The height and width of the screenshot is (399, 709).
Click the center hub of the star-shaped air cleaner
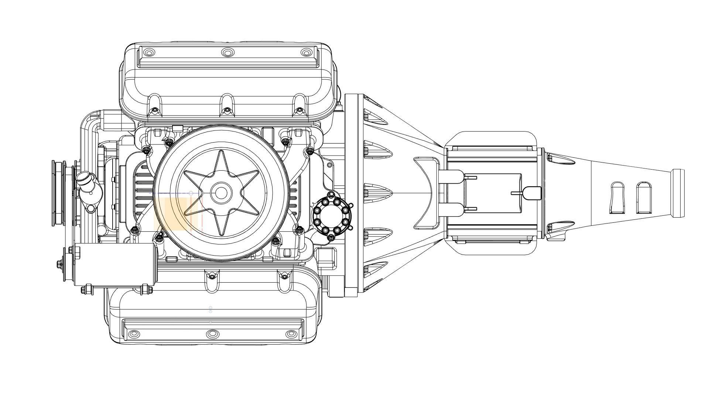coord(221,193)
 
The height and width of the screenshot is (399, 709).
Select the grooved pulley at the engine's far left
coord(58,193)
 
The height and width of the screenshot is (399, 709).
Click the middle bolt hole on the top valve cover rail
coord(227,52)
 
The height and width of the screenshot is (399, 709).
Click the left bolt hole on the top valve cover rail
coord(149,52)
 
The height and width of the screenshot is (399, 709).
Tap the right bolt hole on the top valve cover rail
coord(306,52)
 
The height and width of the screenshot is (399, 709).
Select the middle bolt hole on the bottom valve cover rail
coord(212,334)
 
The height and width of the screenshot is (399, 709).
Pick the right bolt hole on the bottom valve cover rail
coord(291,334)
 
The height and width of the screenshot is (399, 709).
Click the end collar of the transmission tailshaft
coord(678,193)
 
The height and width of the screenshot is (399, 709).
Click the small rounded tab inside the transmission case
coord(532,193)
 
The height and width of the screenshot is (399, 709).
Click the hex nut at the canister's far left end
coord(59,263)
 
